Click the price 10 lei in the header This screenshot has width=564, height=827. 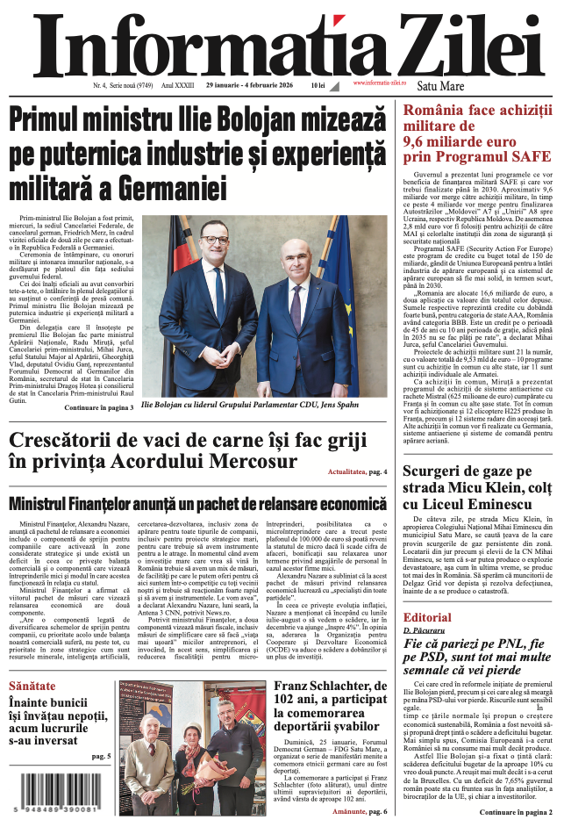pos(318,86)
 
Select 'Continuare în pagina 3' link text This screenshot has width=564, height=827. pos(99,408)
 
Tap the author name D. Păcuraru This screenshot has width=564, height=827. pos(425,631)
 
